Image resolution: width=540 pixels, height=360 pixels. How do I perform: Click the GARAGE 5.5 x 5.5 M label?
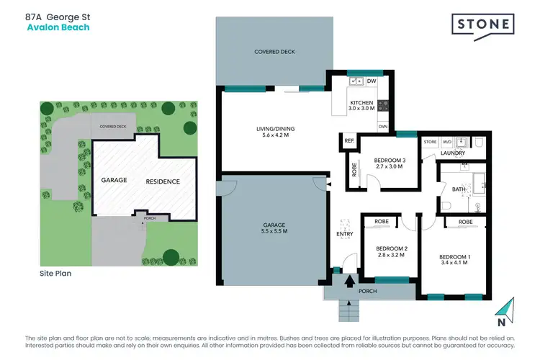pyautogui.click(x=274, y=228)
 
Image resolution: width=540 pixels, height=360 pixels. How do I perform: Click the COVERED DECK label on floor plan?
pyautogui.click(x=274, y=52)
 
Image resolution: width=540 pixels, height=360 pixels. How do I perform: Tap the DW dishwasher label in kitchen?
pyautogui.click(x=372, y=82)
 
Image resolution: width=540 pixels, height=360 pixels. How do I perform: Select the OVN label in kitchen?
pyautogui.click(x=383, y=127)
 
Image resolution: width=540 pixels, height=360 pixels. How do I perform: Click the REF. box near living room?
pyautogui.click(x=349, y=142)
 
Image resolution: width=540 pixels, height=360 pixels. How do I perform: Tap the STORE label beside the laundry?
pyautogui.click(x=431, y=142)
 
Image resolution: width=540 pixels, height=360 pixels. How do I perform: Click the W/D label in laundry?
pyautogui.click(x=447, y=142)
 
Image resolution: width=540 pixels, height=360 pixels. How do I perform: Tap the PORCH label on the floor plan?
pyautogui.click(x=367, y=292)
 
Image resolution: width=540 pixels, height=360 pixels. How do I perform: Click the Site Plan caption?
pyautogui.click(x=55, y=274)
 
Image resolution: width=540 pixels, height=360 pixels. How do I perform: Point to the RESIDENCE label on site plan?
pyautogui.click(x=162, y=181)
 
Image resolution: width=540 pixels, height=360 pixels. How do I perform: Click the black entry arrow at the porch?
pyautogui.click(x=351, y=281)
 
